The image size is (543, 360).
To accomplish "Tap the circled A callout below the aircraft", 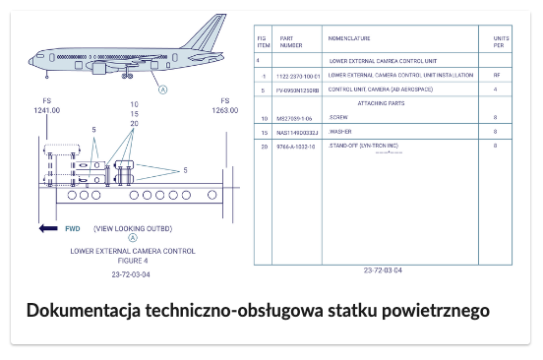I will tap(163, 89).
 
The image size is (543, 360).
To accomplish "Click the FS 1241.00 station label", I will tap(46, 106).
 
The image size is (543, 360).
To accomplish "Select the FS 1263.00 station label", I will tap(225, 106).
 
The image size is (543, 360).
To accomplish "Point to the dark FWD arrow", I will tap(47, 228).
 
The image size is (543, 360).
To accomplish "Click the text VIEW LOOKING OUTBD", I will tap(133, 228).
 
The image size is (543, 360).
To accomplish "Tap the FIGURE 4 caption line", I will tap(133, 261).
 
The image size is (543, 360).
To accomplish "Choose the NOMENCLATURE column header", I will tap(349, 38).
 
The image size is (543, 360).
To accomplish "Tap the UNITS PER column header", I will tap(499, 41).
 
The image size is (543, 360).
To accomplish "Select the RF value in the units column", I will tap(496, 75).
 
